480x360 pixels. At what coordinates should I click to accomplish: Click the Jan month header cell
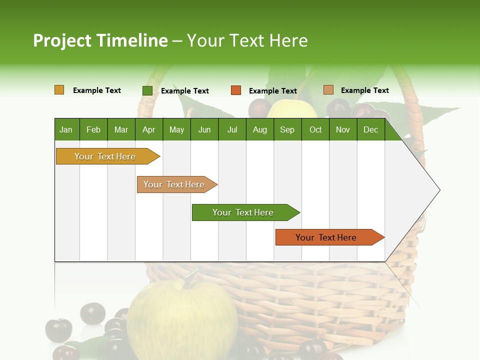66,129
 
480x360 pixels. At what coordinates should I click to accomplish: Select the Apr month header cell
149,129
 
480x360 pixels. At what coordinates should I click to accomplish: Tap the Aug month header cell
260,129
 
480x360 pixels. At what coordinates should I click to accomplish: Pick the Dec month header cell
371,129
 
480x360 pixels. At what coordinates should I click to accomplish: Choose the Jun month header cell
204,129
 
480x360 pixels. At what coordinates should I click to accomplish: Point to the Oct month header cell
315,129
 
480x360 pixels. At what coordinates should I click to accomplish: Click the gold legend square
59,90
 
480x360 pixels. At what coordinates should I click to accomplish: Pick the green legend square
147,90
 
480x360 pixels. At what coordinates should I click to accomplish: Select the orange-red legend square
236,90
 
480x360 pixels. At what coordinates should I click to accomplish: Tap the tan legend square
328,90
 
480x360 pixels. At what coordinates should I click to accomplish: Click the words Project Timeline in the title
100,40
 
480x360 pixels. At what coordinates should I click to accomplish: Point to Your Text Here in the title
247,40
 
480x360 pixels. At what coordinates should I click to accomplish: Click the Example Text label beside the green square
185,91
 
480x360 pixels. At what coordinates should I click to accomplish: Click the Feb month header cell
93,129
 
